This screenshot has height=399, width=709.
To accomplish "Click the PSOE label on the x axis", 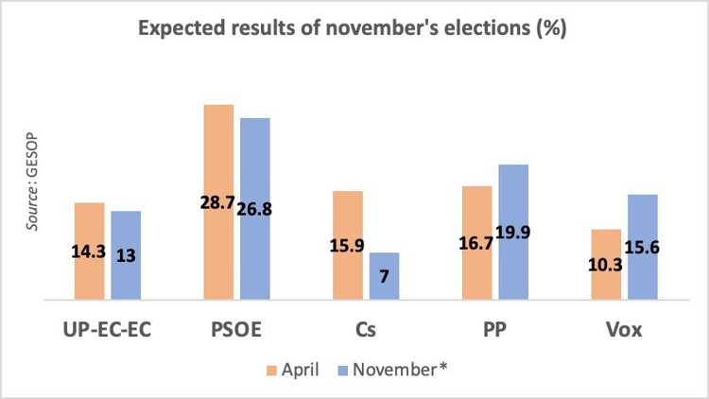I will (x=236, y=331).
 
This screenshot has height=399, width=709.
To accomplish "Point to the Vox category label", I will (x=624, y=331).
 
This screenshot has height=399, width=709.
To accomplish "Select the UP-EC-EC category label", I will (x=107, y=331).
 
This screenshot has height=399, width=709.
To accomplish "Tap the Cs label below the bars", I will (x=366, y=331).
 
